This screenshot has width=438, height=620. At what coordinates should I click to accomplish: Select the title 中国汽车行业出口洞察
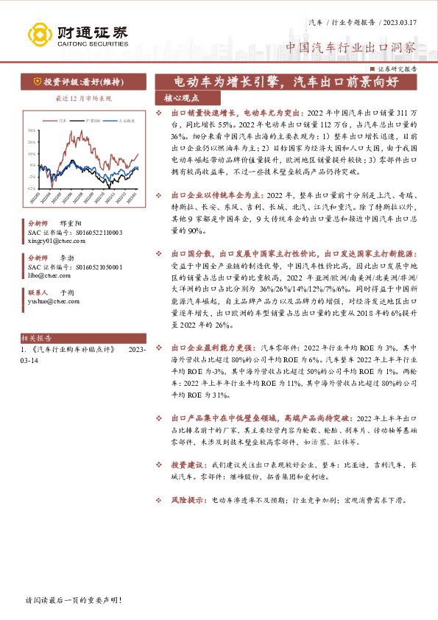pyautogui.click(x=351, y=47)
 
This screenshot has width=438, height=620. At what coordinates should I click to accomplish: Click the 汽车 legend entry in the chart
pyautogui.click(x=63, y=119)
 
